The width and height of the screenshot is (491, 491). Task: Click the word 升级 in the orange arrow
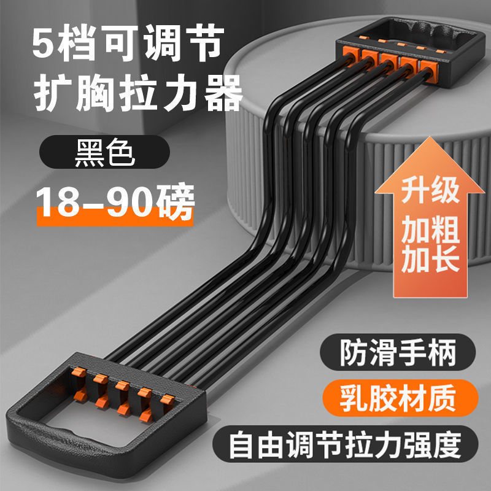click(x=430, y=191)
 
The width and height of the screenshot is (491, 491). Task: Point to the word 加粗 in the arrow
click(x=430, y=231)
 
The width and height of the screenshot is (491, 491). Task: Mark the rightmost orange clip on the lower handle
click(x=164, y=400)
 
